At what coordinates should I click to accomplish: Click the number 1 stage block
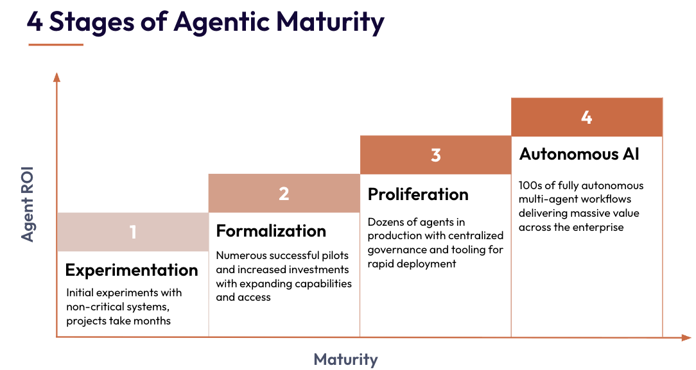pyautogui.click(x=133, y=231)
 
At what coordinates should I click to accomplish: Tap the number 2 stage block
pyautogui.click(x=284, y=193)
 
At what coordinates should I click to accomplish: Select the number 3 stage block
pyautogui.click(x=435, y=155)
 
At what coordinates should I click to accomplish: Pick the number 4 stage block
pyautogui.click(x=586, y=117)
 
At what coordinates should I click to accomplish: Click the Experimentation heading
pyautogui.click(x=132, y=270)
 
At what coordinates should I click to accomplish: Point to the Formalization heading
pyautogui.click(x=271, y=231)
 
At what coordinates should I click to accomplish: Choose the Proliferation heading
pyautogui.click(x=418, y=194)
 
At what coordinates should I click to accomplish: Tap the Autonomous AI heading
pyautogui.click(x=579, y=155)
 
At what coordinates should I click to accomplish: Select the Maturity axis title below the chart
pyautogui.click(x=345, y=359)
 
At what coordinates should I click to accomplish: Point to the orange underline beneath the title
pyautogui.click(x=56, y=45)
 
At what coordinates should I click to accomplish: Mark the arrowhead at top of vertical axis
pyautogui.click(x=57, y=78)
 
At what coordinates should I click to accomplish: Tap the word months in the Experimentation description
pyautogui.click(x=152, y=320)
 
